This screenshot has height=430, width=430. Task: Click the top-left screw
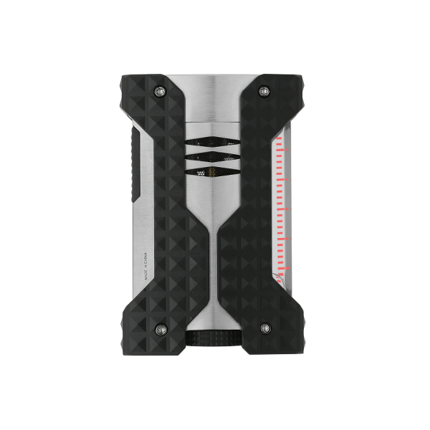tap(160, 90)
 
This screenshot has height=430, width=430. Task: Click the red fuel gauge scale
tap(280, 208)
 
